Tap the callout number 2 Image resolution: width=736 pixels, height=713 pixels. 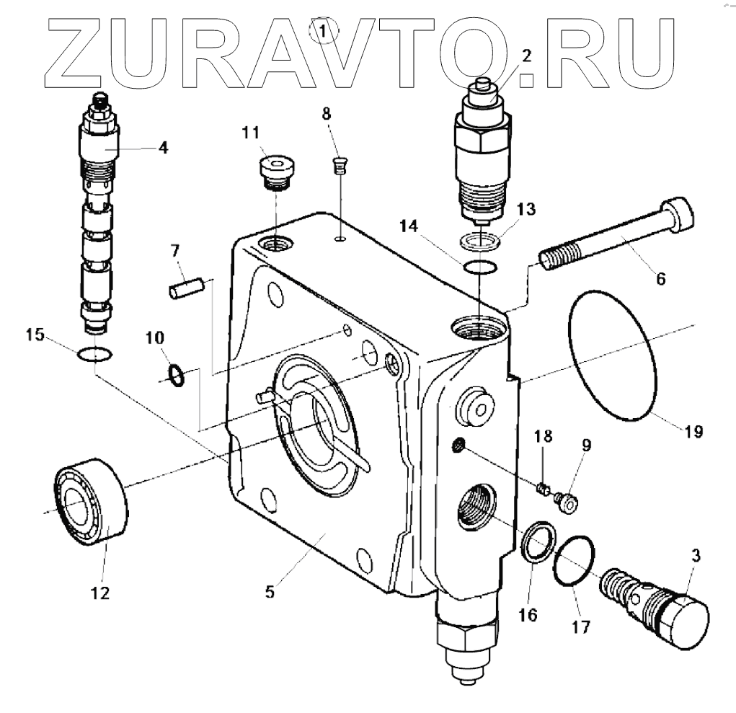(526, 56)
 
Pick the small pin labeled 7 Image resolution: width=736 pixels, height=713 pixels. (187, 287)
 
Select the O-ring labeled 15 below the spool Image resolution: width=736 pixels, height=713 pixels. (94, 354)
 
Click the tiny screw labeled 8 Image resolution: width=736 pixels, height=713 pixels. (338, 167)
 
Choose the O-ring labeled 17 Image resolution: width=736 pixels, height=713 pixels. (575, 562)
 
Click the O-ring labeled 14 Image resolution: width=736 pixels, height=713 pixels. (479, 268)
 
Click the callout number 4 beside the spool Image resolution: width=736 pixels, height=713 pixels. (162, 148)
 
